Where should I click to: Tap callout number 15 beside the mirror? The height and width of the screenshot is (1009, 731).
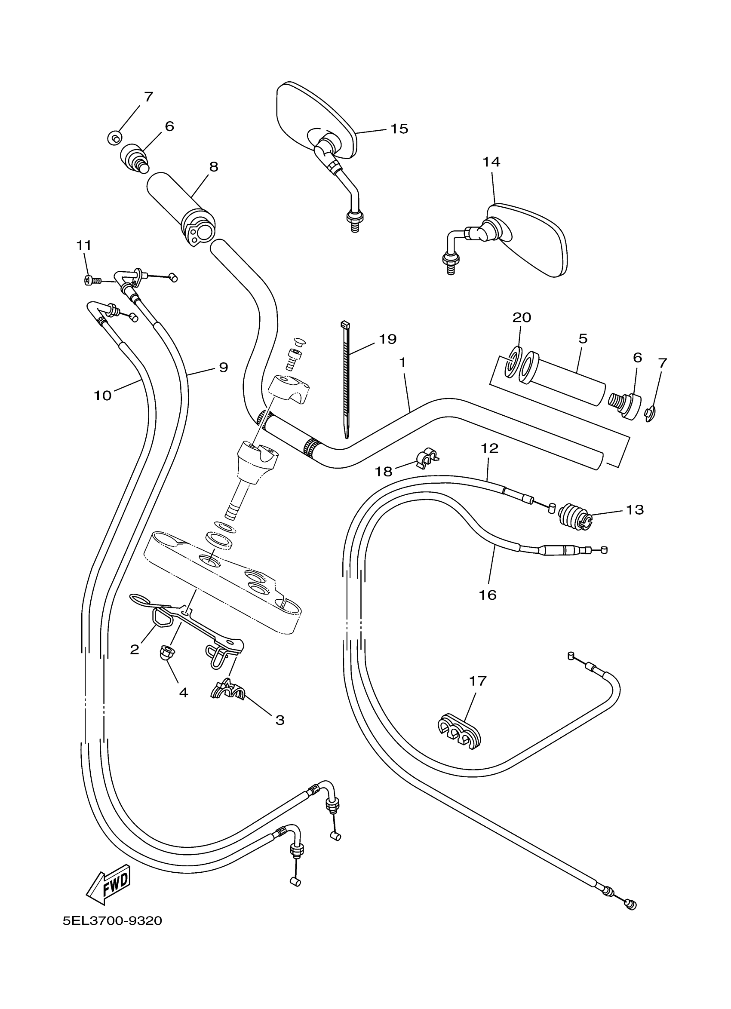click(399, 129)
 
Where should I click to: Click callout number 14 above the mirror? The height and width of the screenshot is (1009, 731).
click(491, 162)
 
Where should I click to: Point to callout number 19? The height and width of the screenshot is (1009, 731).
click(387, 339)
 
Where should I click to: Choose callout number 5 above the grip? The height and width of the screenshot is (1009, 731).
click(583, 339)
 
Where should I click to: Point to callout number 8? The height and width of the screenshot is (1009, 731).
click(214, 167)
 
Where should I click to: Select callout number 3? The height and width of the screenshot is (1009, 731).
click(280, 720)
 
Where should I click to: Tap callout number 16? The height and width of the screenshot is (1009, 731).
click(488, 595)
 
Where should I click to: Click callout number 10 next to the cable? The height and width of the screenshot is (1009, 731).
click(102, 395)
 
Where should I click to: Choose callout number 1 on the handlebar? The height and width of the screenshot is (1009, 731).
click(402, 363)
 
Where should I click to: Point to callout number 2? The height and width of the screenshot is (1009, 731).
click(134, 650)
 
